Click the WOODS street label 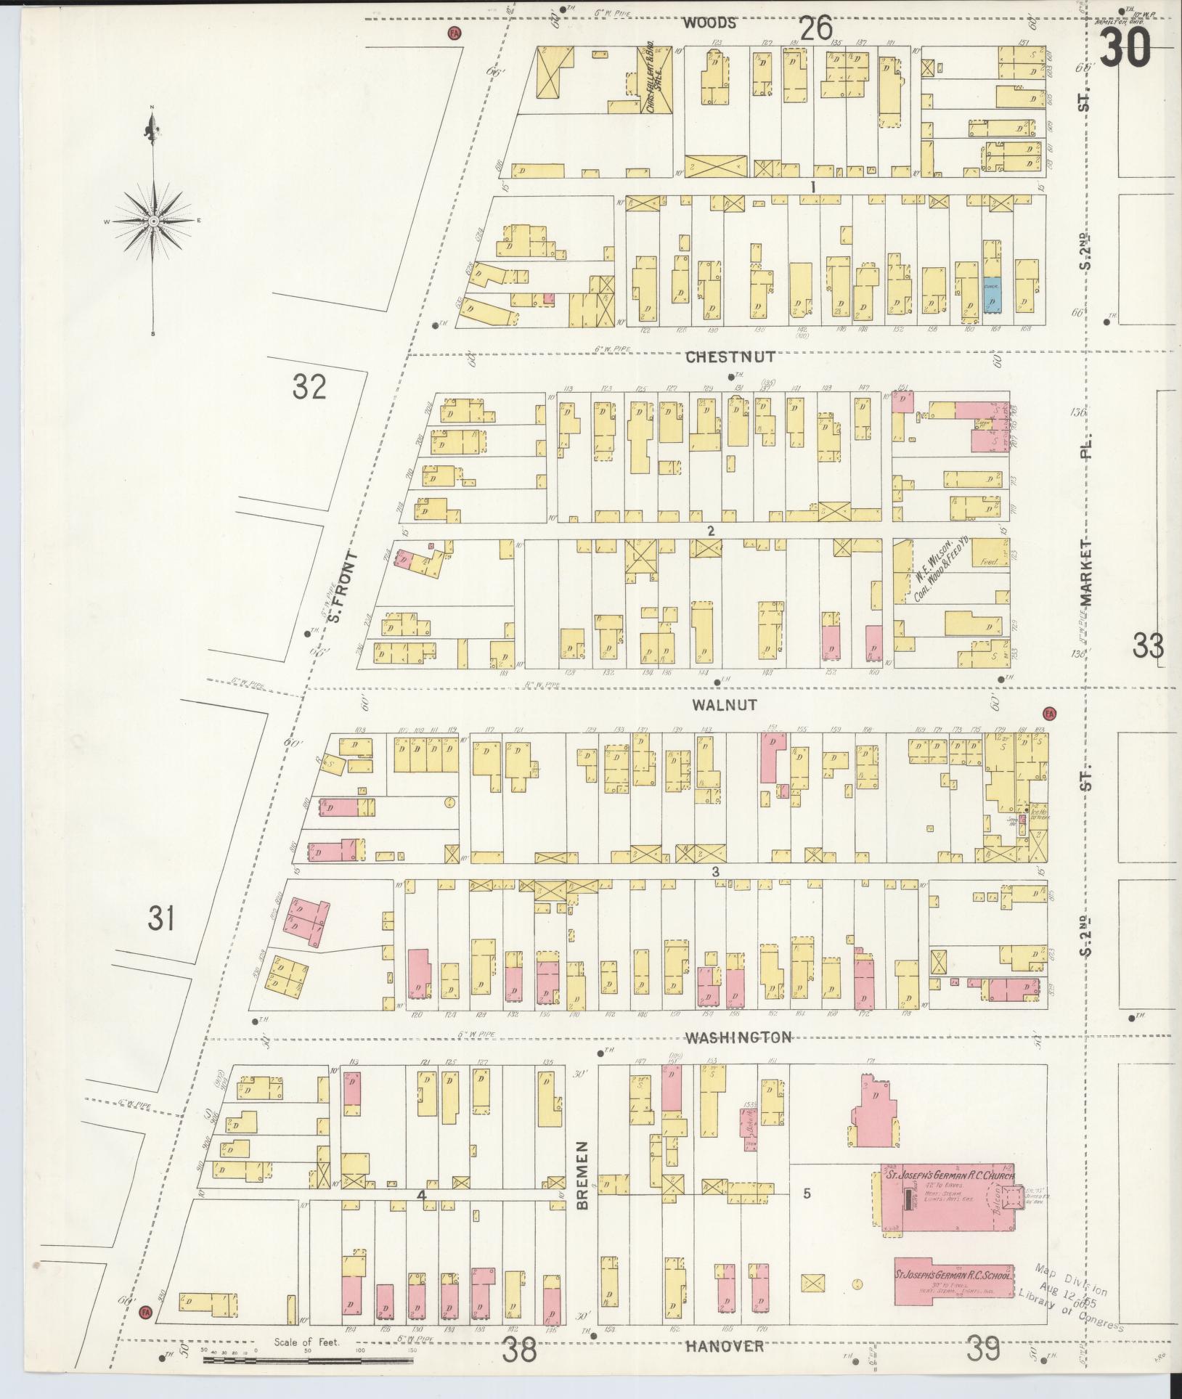click(710, 23)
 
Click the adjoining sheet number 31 click(161, 919)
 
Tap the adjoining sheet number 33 click(1149, 645)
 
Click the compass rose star click(153, 220)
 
